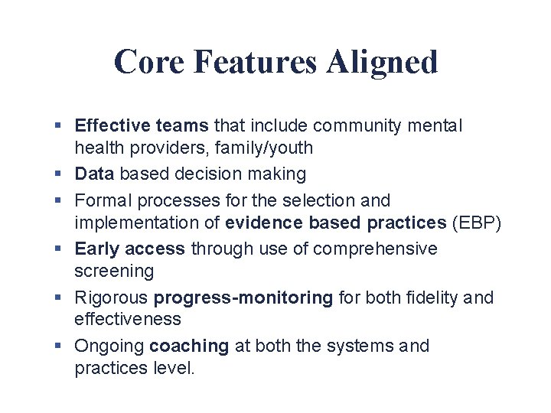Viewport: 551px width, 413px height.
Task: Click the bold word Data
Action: (x=94, y=174)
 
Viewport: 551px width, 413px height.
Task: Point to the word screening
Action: (x=113, y=272)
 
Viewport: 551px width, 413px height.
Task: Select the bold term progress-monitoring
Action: (x=243, y=298)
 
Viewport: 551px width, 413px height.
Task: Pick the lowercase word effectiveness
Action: (x=127, y=319)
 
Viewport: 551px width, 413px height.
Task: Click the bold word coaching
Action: (x=189, y=346)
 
